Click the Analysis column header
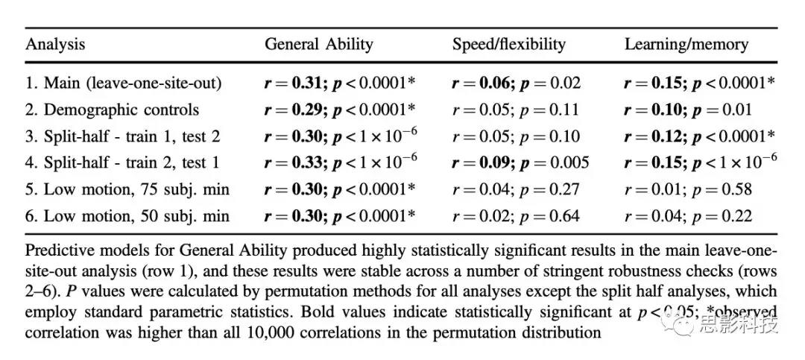[x=55, y=44]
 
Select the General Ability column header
[x=318, y=44]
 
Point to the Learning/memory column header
[x=686, y=44]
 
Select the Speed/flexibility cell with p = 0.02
[x=516, y=83]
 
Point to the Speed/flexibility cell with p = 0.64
[x=516, y=216]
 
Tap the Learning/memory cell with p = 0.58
[x=688, y=189]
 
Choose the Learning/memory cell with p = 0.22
[x=688, y=216]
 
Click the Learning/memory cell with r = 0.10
[x=688, y=110]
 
